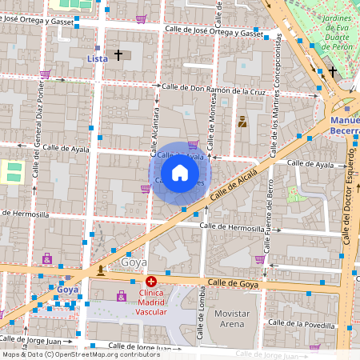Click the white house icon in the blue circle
(180, 173)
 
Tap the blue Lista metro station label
(97, 58)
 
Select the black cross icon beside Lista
(118, 55)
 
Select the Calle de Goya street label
(234, 283)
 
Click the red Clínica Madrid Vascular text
(151, 302)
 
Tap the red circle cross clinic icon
(151, 281)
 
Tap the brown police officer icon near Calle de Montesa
(242, 122)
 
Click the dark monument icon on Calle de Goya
(100, 270)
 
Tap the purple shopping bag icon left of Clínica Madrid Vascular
(122, 296)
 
